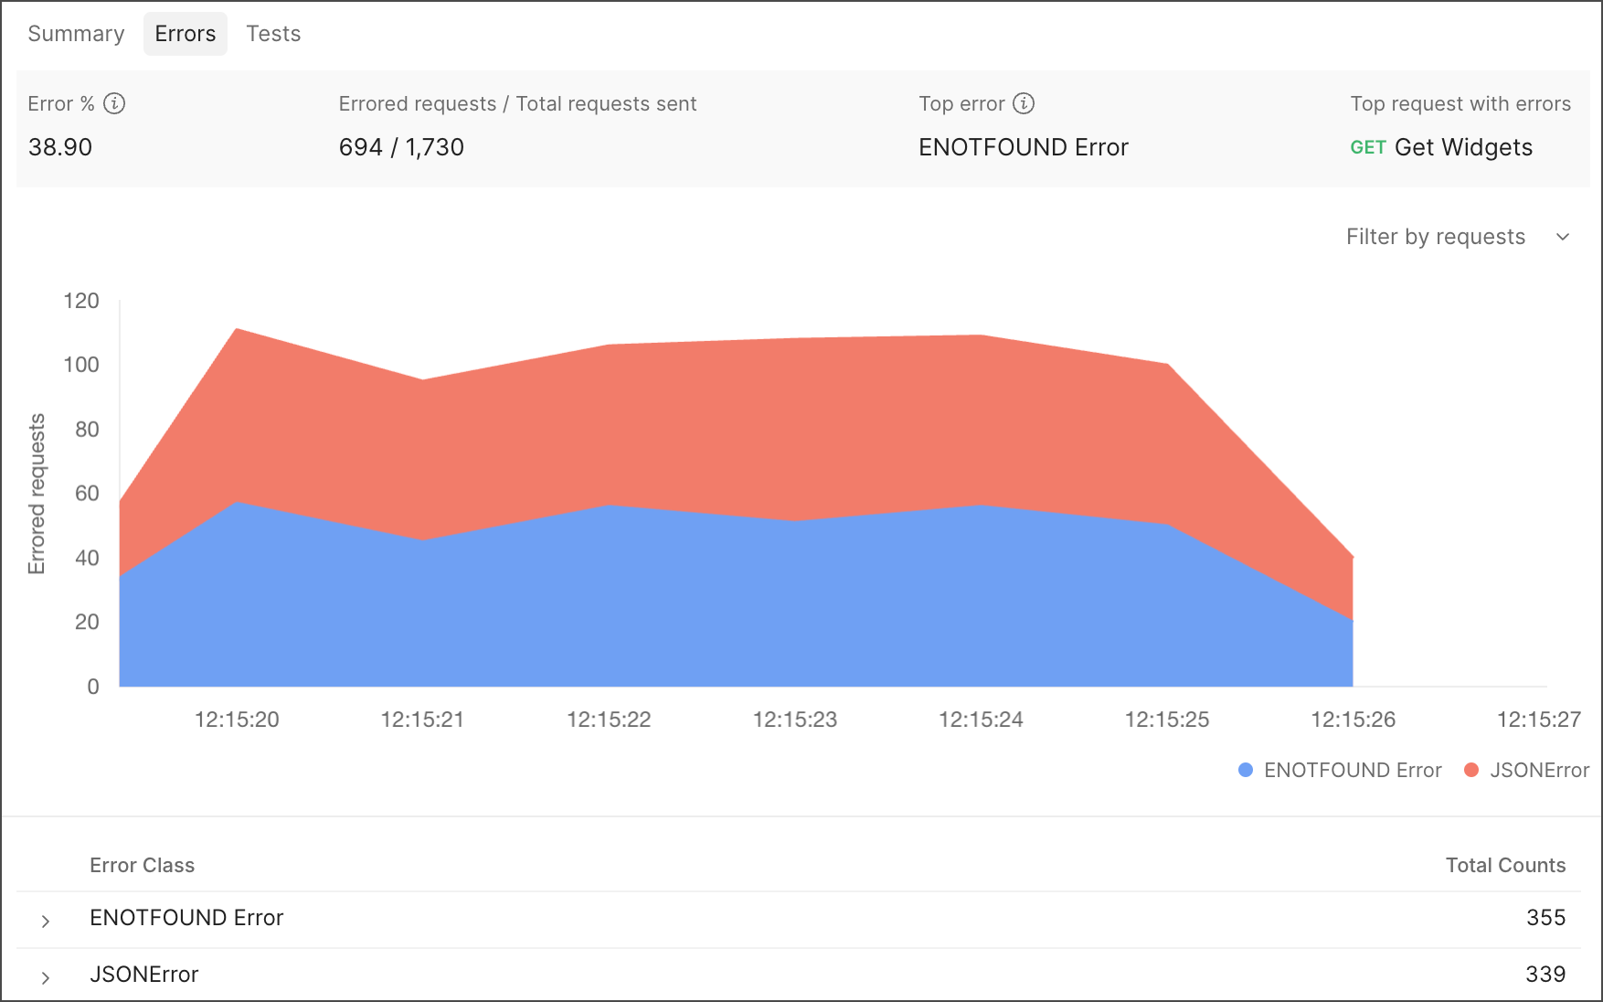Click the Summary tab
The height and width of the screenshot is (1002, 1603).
point(76,34)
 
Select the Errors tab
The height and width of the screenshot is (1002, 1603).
point(186,34)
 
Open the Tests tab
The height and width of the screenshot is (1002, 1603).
point(273,34)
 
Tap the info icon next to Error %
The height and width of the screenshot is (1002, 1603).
point(114,103)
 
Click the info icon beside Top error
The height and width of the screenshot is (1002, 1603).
point(1024,103)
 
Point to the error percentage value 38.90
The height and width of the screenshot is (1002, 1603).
point(60,147)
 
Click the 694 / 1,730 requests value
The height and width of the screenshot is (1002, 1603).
point(401,147)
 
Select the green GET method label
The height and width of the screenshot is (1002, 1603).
point(1368,148)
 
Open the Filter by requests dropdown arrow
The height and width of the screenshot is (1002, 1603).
point(1563,237)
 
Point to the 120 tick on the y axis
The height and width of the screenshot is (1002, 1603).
point(81,301)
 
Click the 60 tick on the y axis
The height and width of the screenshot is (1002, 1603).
point(87,494)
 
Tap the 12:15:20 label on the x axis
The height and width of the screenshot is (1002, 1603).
point(237,720)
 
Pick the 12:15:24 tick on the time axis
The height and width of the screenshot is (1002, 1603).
point(981,720)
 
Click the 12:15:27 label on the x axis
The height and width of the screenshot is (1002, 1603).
point(1538,720)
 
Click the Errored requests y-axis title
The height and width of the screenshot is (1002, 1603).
point(37,494)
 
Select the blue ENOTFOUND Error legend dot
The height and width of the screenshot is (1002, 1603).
point(1245,770)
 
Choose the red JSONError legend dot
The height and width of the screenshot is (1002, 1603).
point(1471,770)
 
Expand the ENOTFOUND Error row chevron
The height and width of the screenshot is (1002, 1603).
point(46,921)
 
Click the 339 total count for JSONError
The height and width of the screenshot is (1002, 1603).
point(1545,975)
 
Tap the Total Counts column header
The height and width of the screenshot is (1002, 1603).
point(1505,865)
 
